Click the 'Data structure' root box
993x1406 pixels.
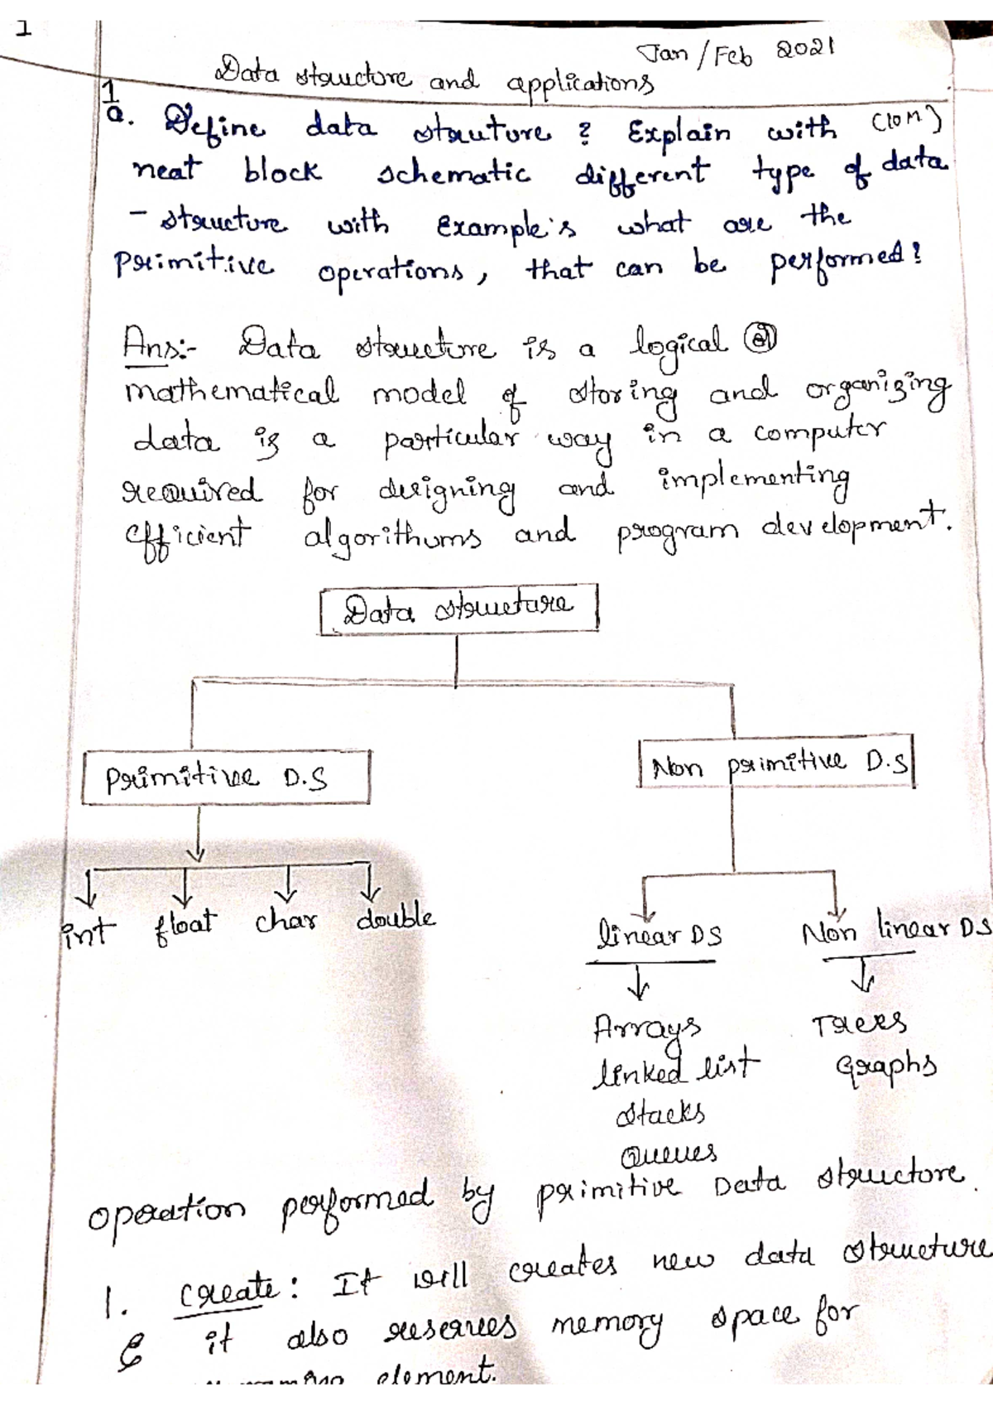[458, 610]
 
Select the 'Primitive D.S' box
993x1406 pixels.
[225, 778]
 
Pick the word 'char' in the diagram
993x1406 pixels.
[285, 921]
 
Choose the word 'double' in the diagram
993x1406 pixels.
[396, 917]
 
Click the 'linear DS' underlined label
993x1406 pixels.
[658, 936]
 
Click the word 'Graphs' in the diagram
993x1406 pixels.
[885, 1066]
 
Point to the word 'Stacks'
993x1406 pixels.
[660, 1114]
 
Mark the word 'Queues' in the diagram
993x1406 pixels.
[669, 1153]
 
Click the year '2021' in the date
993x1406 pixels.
[804, 49]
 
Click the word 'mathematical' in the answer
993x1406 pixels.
[232, 392]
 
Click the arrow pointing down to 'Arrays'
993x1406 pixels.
[638, 985]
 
